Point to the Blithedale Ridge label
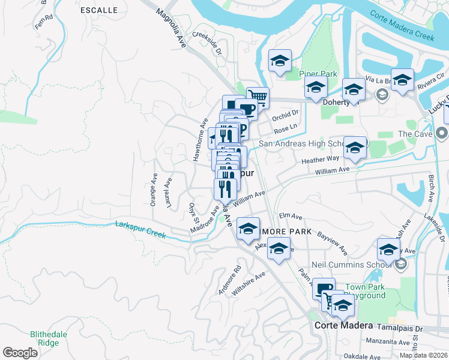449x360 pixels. point(44,338)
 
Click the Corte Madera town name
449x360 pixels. point(343,326)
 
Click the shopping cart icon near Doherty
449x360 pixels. point(258,96)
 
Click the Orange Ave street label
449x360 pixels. point(154,191)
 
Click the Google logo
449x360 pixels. point(20,353)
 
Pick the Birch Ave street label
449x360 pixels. point(431,189)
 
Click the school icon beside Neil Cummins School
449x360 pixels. point(388,250)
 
